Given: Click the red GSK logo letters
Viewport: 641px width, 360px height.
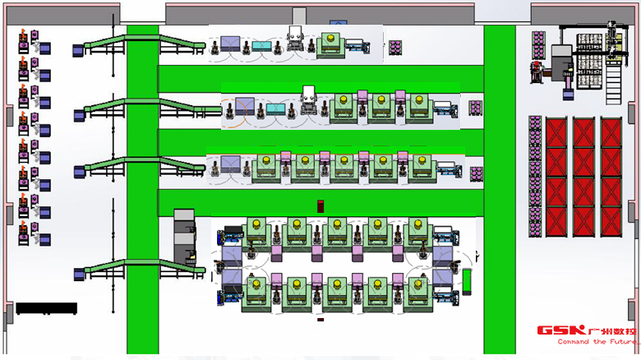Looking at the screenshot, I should tap(560, 330).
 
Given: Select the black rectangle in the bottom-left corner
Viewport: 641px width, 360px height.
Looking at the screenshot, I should tap(46, 308).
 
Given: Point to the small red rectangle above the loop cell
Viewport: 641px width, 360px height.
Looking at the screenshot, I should tap(320, 205).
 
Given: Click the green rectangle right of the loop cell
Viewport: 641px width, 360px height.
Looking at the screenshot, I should tap(467, 280).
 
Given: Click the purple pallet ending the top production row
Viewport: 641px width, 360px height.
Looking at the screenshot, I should tap(395, 46).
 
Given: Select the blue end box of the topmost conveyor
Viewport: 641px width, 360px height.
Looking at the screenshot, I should tap(78, 50).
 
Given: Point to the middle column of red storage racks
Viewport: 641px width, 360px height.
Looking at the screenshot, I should tap(583, 177).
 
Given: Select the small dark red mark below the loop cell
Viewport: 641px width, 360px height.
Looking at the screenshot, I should tap(320, 320).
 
